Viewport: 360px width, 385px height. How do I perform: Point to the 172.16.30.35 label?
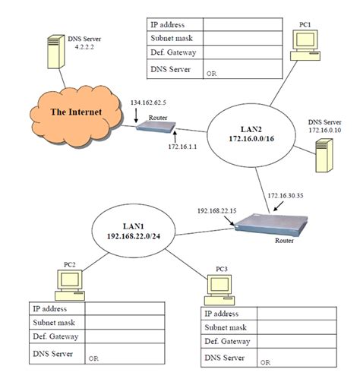click(286, 196)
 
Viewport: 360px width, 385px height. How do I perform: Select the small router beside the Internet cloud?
click(156, 125)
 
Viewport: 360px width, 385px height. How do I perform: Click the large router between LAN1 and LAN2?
click(264, 225)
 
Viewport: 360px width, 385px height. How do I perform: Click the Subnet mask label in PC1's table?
click(171, 39)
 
